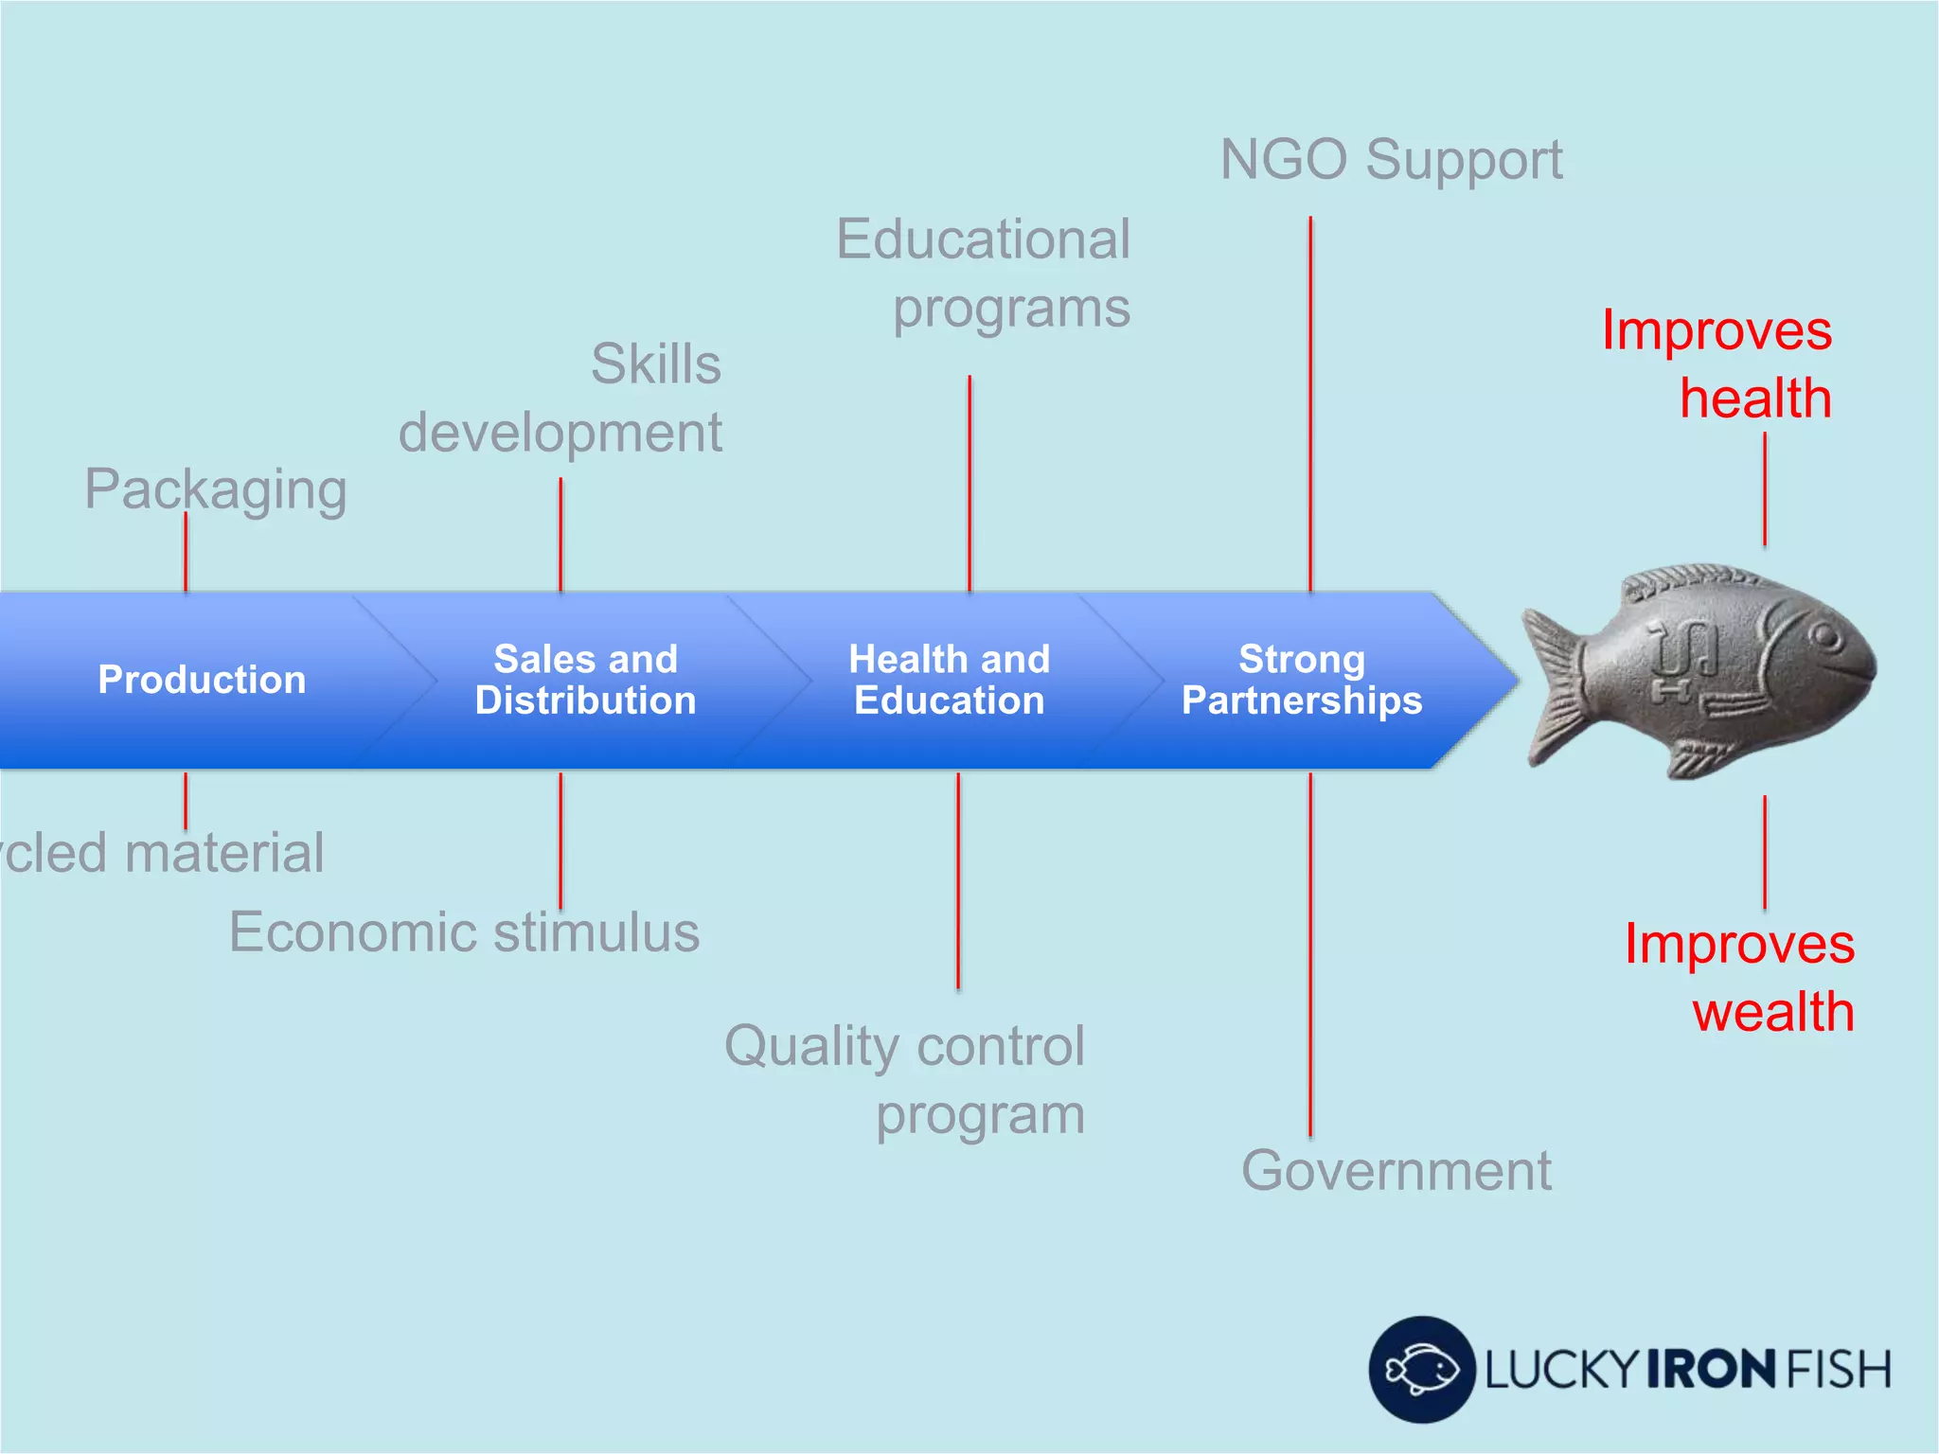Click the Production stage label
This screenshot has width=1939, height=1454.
click(202, 680)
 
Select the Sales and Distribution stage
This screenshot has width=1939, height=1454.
click(585, 680)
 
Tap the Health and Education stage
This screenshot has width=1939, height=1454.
click(949, 680)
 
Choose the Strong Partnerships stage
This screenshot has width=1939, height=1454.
click(1301, 680)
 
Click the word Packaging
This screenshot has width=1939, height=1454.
click(216, 489)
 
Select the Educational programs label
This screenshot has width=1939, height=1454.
click(985, 273)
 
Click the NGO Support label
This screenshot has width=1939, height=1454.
click(1391, 159)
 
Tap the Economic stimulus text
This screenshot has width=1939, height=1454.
click(464, 932)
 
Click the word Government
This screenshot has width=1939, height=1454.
click(1396, 1171)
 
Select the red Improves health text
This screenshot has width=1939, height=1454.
click(1717, 363)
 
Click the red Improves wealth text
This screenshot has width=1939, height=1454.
click(1740, 978)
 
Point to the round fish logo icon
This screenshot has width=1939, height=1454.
click(1421, 1369)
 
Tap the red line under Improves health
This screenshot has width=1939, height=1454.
click(1765, 489)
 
